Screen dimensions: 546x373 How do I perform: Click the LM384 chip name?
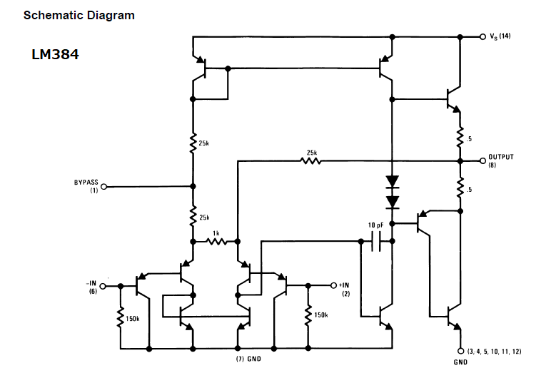point(55,54)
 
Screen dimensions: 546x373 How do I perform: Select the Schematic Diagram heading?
point(79,15)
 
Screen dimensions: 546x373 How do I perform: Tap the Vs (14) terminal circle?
point(482,36)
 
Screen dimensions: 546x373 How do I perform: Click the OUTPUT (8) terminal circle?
point(482,160)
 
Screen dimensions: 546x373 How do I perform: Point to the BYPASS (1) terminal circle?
point(103,187)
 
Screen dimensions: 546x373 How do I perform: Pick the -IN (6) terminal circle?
point(102,286)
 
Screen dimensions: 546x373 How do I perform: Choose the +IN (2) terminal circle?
point(333,285)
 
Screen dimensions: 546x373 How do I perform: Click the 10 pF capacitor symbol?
point(376,241)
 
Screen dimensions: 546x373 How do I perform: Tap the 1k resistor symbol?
point(216,241)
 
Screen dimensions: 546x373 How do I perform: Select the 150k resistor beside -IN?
point(121,317)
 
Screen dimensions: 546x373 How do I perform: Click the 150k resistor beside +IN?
point(308,316)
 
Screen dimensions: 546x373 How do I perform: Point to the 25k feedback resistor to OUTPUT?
point(310,160)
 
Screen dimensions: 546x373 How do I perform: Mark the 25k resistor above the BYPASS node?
point(193,143)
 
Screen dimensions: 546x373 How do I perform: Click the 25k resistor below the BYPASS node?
point(193,215)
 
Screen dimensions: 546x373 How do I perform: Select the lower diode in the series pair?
point(393,202)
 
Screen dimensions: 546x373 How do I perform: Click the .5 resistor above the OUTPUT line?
point(460,137)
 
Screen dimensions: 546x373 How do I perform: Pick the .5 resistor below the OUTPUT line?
point(460,187)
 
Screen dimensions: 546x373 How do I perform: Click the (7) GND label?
point(248,359)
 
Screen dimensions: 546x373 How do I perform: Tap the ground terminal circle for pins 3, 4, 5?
point(460,351)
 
